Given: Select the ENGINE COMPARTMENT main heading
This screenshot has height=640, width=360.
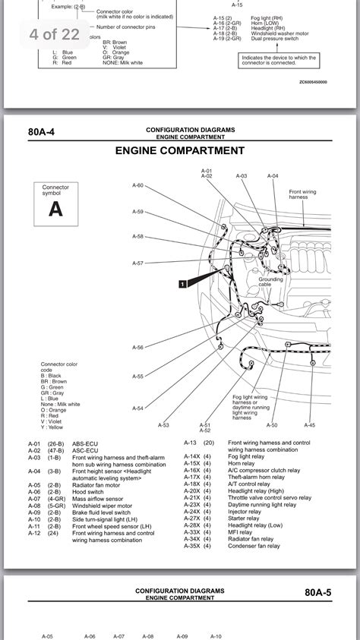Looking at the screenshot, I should tap(180, 151).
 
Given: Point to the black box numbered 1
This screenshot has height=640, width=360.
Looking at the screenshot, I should tap(182, 284).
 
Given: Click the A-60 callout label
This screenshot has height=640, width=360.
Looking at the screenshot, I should tap(137, 185).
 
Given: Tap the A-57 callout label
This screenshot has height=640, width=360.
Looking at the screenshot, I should tap(137, 263).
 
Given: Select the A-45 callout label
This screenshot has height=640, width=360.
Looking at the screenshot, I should tap(310, 425).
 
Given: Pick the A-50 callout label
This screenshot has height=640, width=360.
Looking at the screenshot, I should tap(272, 425).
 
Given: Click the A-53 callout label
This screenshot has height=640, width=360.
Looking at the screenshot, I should tap(164, 425).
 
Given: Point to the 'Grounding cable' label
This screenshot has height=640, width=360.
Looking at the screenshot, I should tap(270, 282).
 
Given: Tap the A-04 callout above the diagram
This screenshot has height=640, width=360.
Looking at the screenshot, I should tap(273, 175).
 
